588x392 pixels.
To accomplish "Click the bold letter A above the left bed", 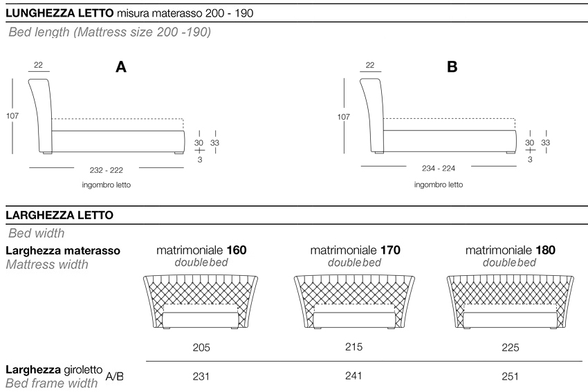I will (121, 67).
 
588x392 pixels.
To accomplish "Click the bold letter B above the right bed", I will (452, 67).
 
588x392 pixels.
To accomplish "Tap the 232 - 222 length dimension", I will (107, 167).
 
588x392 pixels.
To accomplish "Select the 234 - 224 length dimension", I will (439, 167).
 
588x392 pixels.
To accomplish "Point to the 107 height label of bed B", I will (344, 117).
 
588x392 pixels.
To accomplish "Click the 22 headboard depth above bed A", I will (38, 66).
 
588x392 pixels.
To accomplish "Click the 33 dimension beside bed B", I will (546, 142).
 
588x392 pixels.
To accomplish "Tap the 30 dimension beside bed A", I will (199, 142).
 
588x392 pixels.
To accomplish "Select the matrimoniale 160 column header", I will (201, 250).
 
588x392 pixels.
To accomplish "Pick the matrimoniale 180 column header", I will (510, 250).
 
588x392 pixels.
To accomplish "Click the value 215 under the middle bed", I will (353, 347).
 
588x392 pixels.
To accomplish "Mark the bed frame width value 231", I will (201, 377).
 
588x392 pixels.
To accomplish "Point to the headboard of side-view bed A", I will (42, 111).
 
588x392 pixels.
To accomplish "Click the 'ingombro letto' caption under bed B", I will (439, 185).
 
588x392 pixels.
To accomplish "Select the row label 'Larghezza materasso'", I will (63, 250).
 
